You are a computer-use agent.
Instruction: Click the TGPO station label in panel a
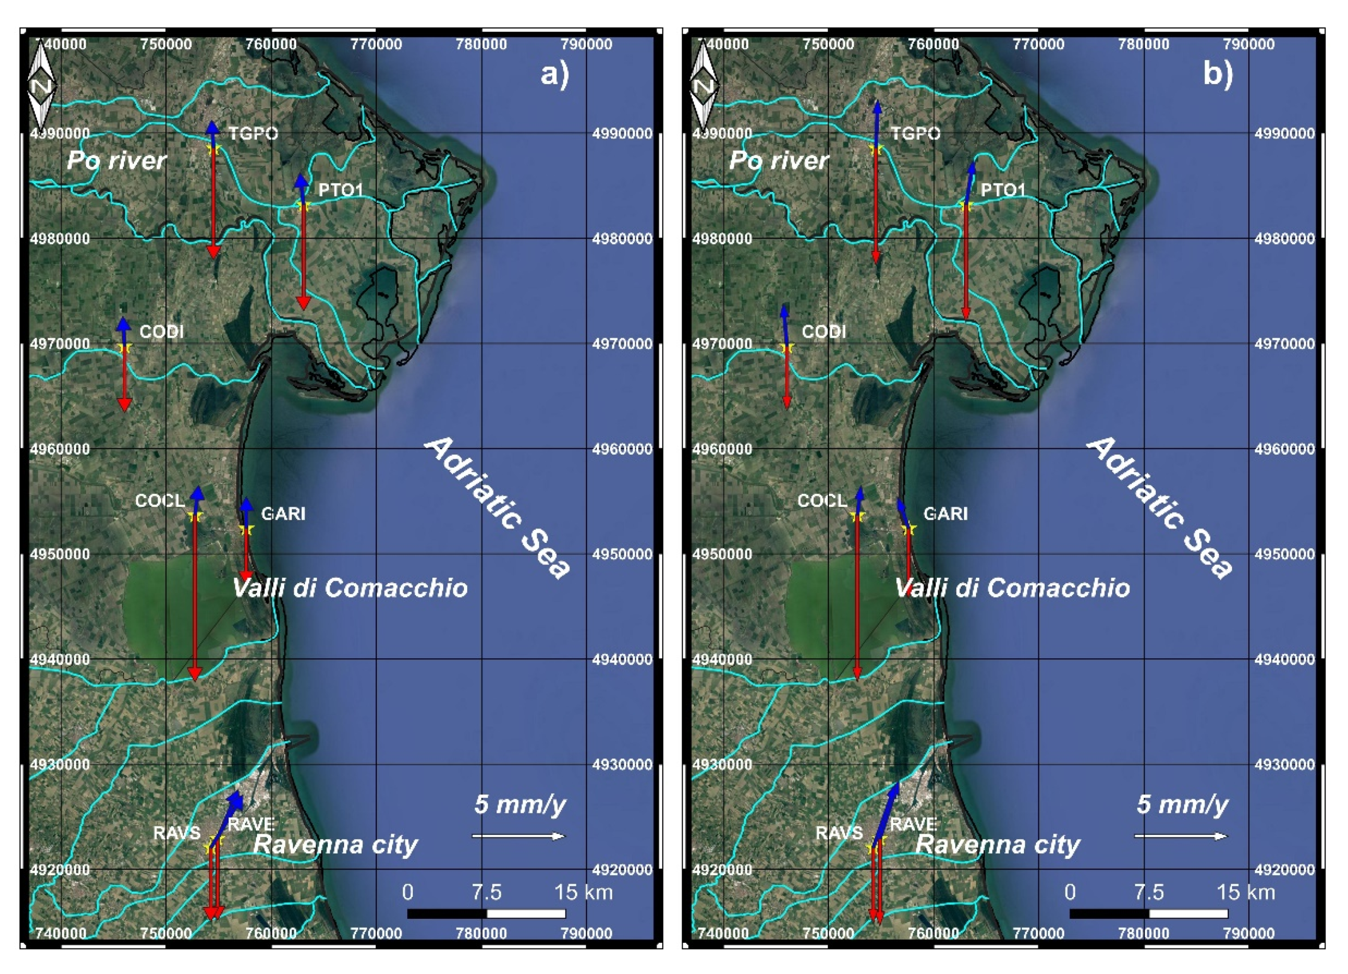(253, 133)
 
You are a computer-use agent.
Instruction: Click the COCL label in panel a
(160, 501)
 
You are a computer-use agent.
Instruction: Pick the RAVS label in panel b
(839, 833)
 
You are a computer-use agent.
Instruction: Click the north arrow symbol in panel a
(42, 86)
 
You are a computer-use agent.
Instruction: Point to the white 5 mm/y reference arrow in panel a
(518, 836)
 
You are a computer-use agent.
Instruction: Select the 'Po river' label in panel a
(116, 160)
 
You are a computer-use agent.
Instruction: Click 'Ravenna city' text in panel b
(997, 844)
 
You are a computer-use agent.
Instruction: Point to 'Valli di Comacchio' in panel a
(349, 588)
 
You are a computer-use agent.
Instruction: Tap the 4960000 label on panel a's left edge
(59, 449)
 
